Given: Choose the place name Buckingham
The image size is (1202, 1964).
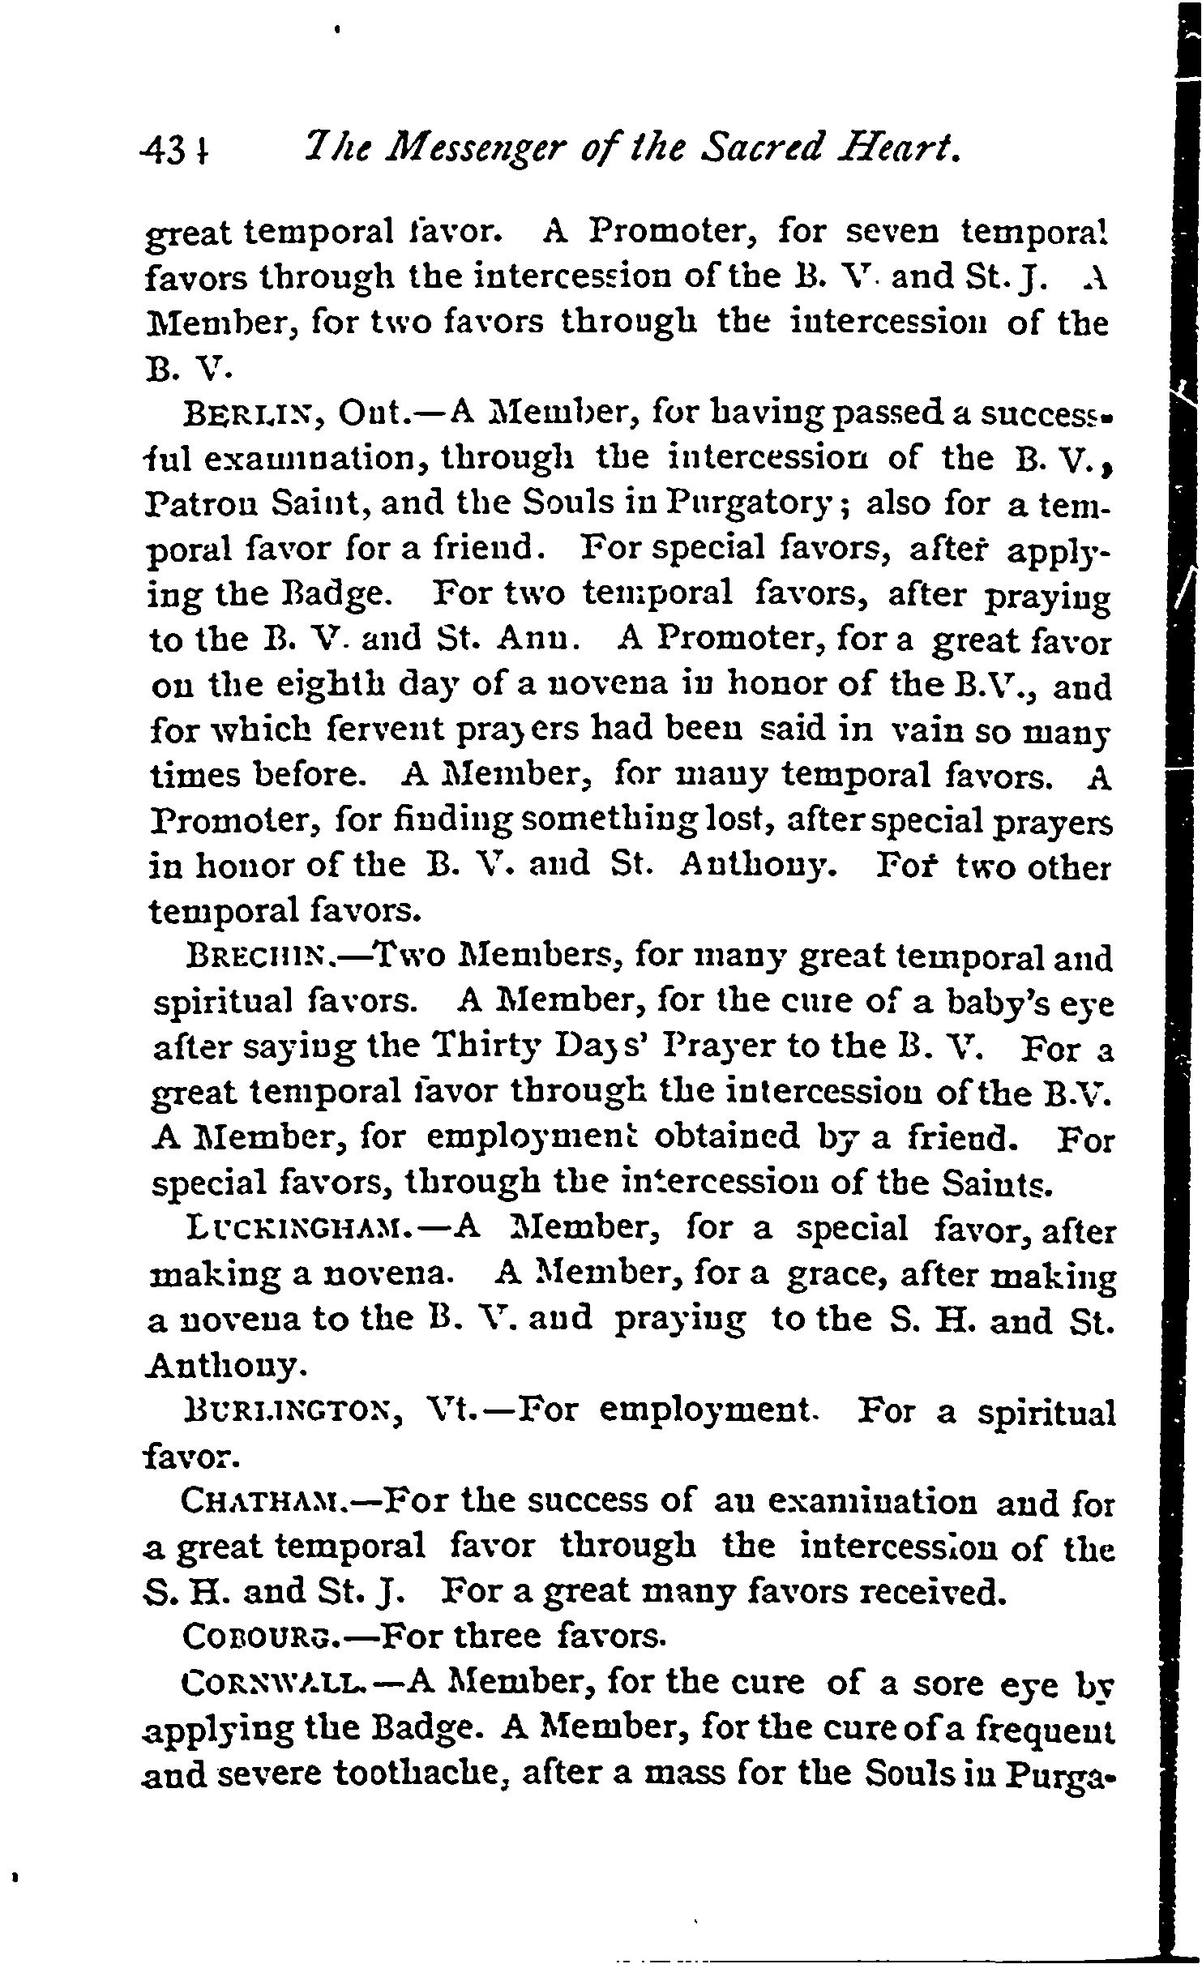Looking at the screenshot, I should click(x=311, y=1230).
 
